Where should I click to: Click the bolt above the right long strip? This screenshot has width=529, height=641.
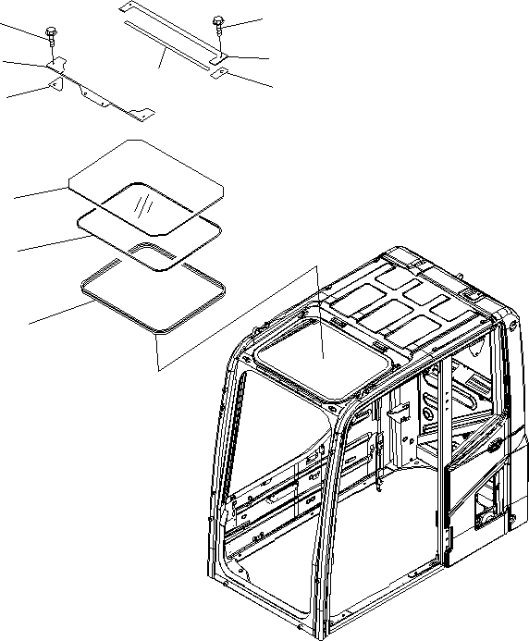[x=219, y=23]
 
